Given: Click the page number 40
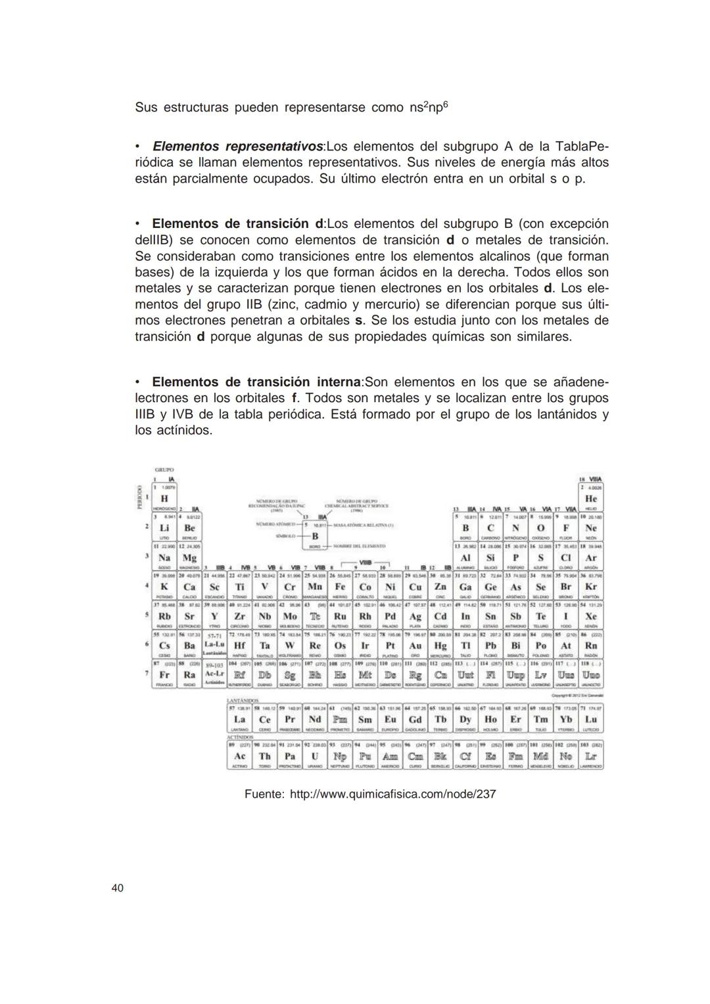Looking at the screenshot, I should click(x=117, y=888).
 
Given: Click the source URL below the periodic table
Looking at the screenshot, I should click(x=392, y=794).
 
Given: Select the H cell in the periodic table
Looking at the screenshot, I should click(x=164, y=499).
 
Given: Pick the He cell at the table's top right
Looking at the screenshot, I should click(x=590, y=499).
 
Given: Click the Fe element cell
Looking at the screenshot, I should click(x=340, y=586).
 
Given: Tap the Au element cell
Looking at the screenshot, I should click(x=415, y=645).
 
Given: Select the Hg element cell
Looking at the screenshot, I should click(x=440, y=645).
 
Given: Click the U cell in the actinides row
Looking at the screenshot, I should click(x=315, y=756).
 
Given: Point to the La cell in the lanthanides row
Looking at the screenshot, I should click(x=239, y=719).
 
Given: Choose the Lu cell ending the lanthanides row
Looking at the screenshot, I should click(x=591, y=719).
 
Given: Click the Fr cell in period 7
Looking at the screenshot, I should click(x=164, y=675).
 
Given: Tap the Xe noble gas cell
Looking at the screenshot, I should click(x=590, y=616).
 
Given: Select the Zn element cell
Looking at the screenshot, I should click(x=440, y=586).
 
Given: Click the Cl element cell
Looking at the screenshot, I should click(x=565, y=557).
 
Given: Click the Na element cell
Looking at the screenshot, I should click(x=164, y=557).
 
